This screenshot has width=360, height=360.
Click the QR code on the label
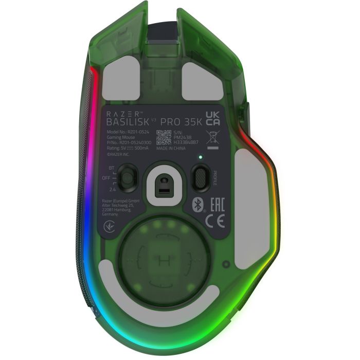coord(164,137)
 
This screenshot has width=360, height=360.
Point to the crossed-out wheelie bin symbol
coord(211,137)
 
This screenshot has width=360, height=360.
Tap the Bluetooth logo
coord(196,204)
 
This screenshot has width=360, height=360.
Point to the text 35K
coord(189,122)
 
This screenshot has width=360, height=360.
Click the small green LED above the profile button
coord(201,157)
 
